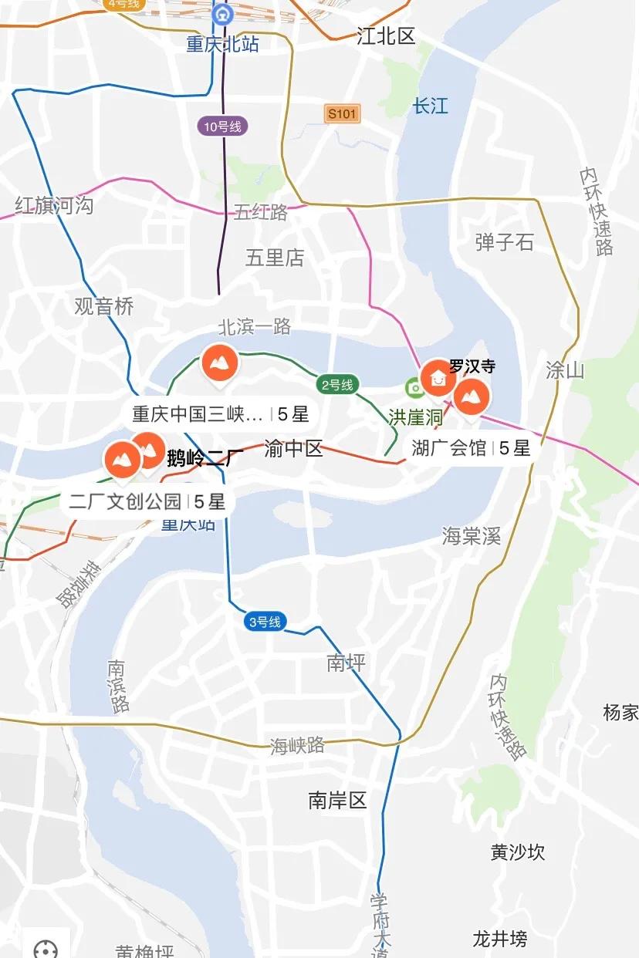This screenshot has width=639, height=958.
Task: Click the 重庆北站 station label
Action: tap(222, 44)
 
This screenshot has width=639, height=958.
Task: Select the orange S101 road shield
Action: tap(341, 114)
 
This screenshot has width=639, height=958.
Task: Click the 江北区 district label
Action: tap(386, 35)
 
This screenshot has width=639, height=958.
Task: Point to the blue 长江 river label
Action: tap(430, 106)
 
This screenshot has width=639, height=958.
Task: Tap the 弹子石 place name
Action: tap(504, 242)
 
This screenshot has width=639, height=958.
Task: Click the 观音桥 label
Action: tap(104, 306)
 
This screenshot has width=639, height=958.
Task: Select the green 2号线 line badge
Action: tap(337, 384)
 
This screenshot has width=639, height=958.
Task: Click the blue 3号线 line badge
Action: tap(265, 622)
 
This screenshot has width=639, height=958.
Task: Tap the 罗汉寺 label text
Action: tap(472, 366)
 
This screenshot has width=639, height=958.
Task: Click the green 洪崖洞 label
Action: tap(415, 417)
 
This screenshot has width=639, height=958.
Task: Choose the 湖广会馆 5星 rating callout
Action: tap(470, 447)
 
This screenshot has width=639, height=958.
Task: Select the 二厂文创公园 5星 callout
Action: tap(147, 501)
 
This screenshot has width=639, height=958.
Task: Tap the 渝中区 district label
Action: tap(293, 448)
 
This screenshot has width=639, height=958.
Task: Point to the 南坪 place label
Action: tap(346, 662)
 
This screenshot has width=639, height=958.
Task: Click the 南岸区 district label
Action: tap(337, 801)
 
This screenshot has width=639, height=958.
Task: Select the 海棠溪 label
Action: tap(472, 535)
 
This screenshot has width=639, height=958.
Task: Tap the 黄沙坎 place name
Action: tap(517, 852)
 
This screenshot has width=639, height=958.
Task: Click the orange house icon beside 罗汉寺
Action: tap(438, 378)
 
